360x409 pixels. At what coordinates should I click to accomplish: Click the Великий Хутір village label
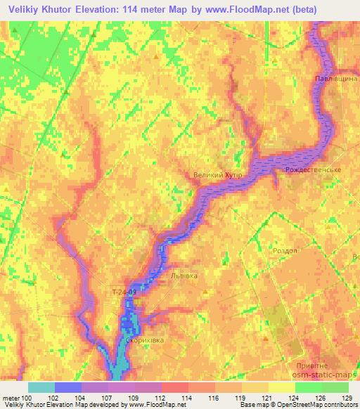(217, 175)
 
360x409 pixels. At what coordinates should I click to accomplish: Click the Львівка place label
(186, 277)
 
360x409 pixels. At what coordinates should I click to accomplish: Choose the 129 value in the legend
(347, 398)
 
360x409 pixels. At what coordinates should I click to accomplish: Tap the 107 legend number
(105, 398)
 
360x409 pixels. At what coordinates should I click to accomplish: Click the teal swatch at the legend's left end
(41, 387)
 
